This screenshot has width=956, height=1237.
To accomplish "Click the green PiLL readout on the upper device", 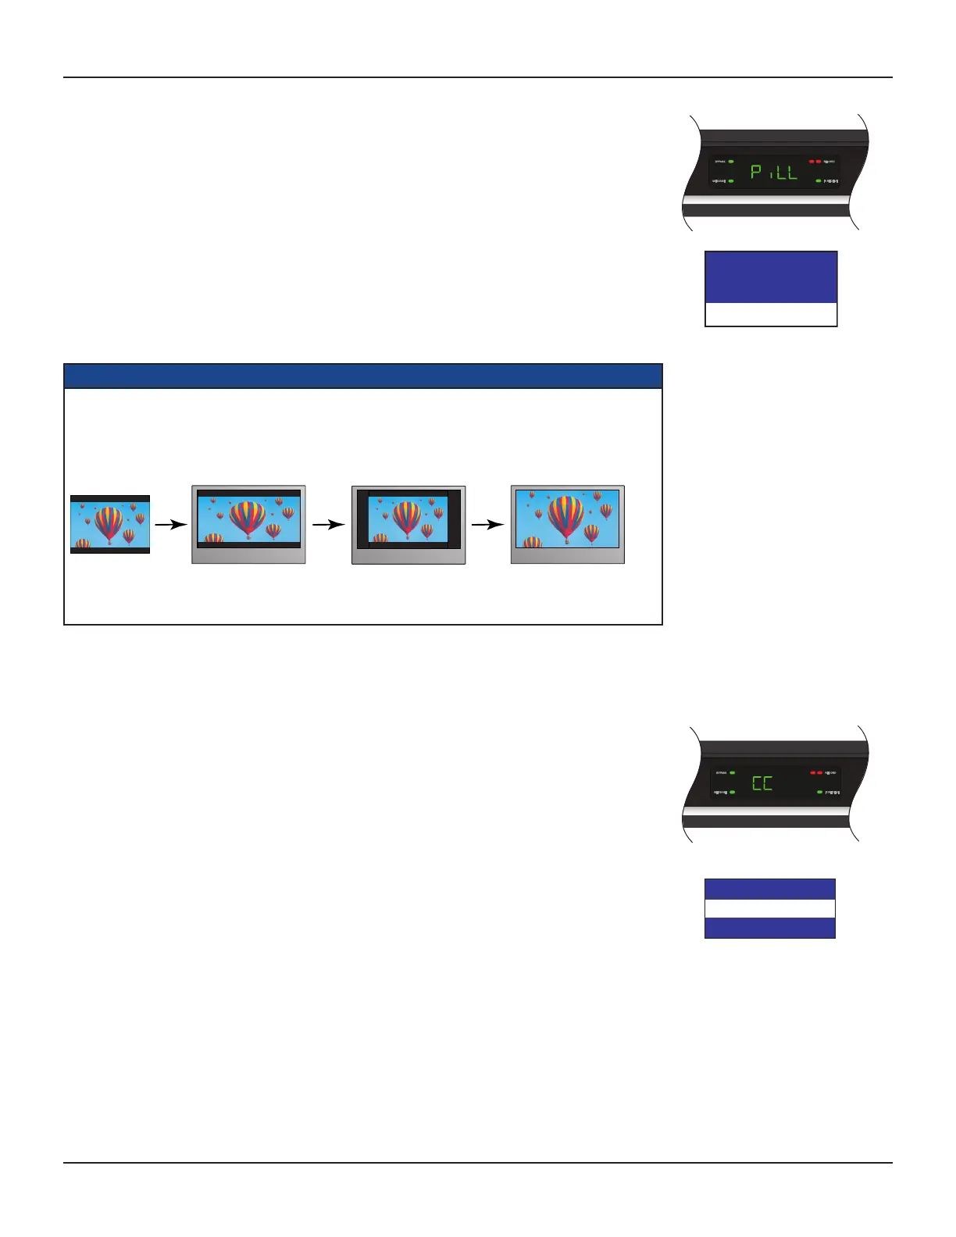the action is tap(774, 172).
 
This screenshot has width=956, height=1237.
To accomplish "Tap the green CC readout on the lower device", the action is tap(762, 782).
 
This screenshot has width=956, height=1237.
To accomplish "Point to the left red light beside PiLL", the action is tap(812, 161).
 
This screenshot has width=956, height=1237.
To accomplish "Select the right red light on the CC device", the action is tap(820, 772).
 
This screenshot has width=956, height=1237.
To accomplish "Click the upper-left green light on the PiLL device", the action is tap(731, 161).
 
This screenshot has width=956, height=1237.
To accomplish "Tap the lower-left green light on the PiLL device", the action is tap(731, 181).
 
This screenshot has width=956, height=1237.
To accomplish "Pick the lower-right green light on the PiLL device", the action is tap(819, 181).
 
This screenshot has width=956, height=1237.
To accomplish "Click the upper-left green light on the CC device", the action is tap(732, 772).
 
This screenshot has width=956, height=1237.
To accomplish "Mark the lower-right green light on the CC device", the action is tap(819, 792).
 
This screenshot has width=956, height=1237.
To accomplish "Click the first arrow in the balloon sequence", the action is tap(170, 525).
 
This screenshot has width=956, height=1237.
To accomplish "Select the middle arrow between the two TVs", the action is tap(328, 525).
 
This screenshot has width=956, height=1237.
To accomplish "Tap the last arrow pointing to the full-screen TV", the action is tap(487, 525).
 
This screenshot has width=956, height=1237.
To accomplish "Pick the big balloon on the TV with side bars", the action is tap(406, 519).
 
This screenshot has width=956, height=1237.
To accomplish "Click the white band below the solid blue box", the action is tap(771, 314).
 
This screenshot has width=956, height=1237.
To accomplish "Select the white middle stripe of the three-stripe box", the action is tap(770, 908).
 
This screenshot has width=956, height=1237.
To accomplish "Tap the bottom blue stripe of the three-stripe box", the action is tap(770, 928).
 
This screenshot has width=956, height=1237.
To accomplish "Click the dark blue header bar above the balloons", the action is tap(362, 376).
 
